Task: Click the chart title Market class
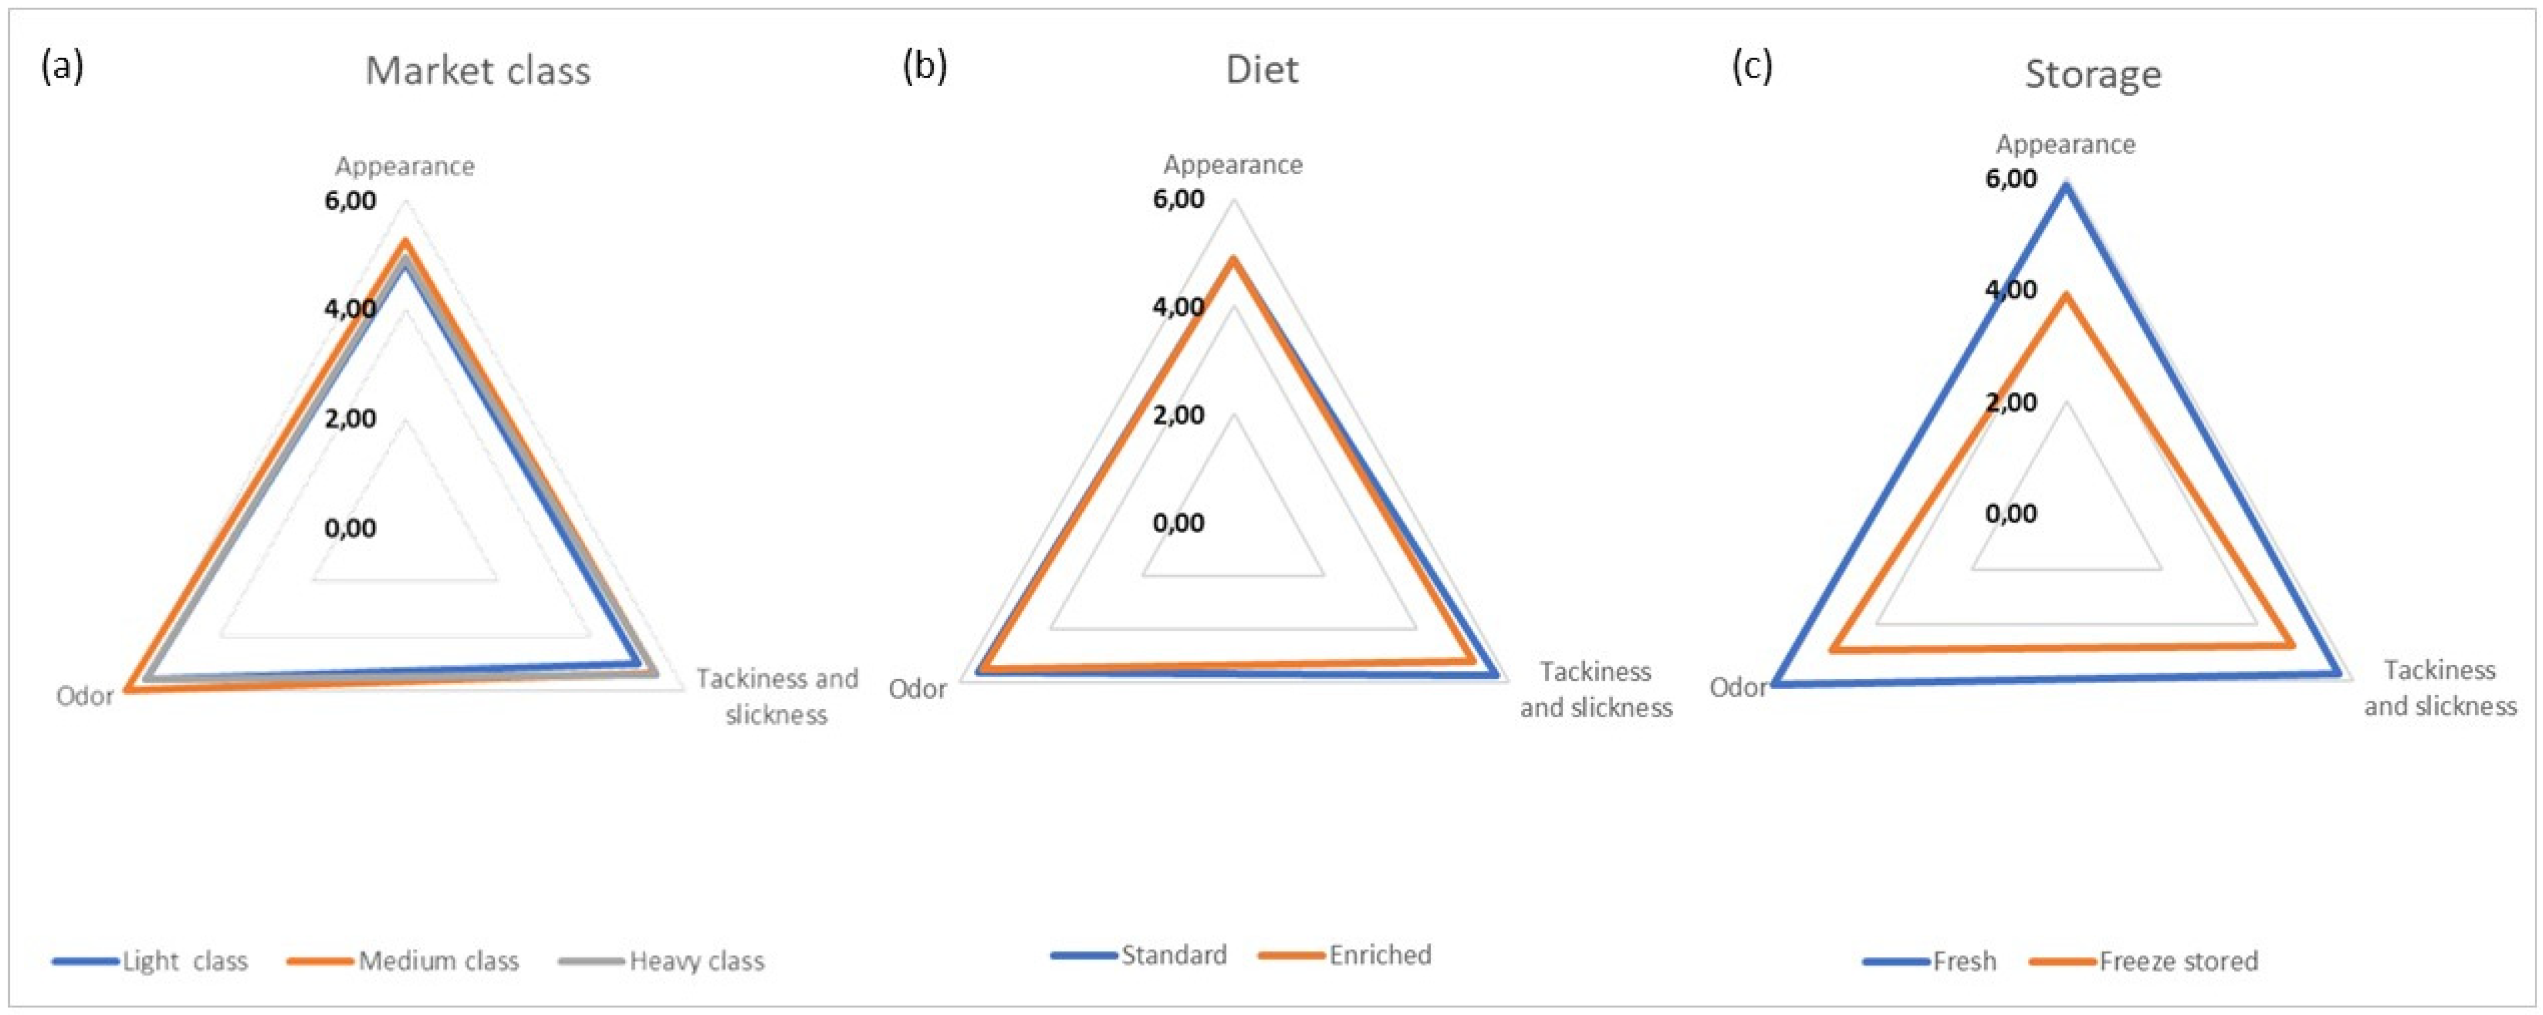coord(478,71)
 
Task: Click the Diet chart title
coord(1262,69)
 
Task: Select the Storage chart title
coord(2093,74)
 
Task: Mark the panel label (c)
coord(1753,66)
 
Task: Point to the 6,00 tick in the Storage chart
coord(2012,179)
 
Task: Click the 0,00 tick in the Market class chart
coord(351,528)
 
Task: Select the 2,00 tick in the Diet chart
coord(1179,415)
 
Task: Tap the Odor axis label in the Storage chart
coord(1737,687)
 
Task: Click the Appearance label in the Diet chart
coord(1233,164)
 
